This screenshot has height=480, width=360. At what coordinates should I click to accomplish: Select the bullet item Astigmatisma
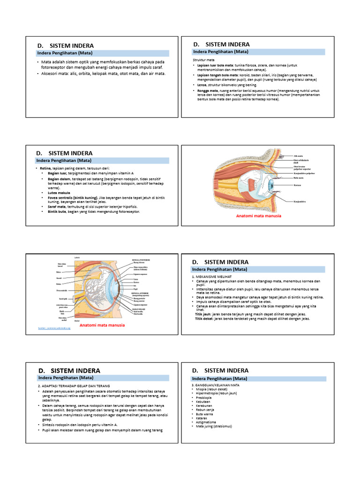pos(207,422)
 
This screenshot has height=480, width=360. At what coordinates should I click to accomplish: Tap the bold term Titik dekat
pos(205,319)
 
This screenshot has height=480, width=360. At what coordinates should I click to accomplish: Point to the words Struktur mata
pos(204,60)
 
